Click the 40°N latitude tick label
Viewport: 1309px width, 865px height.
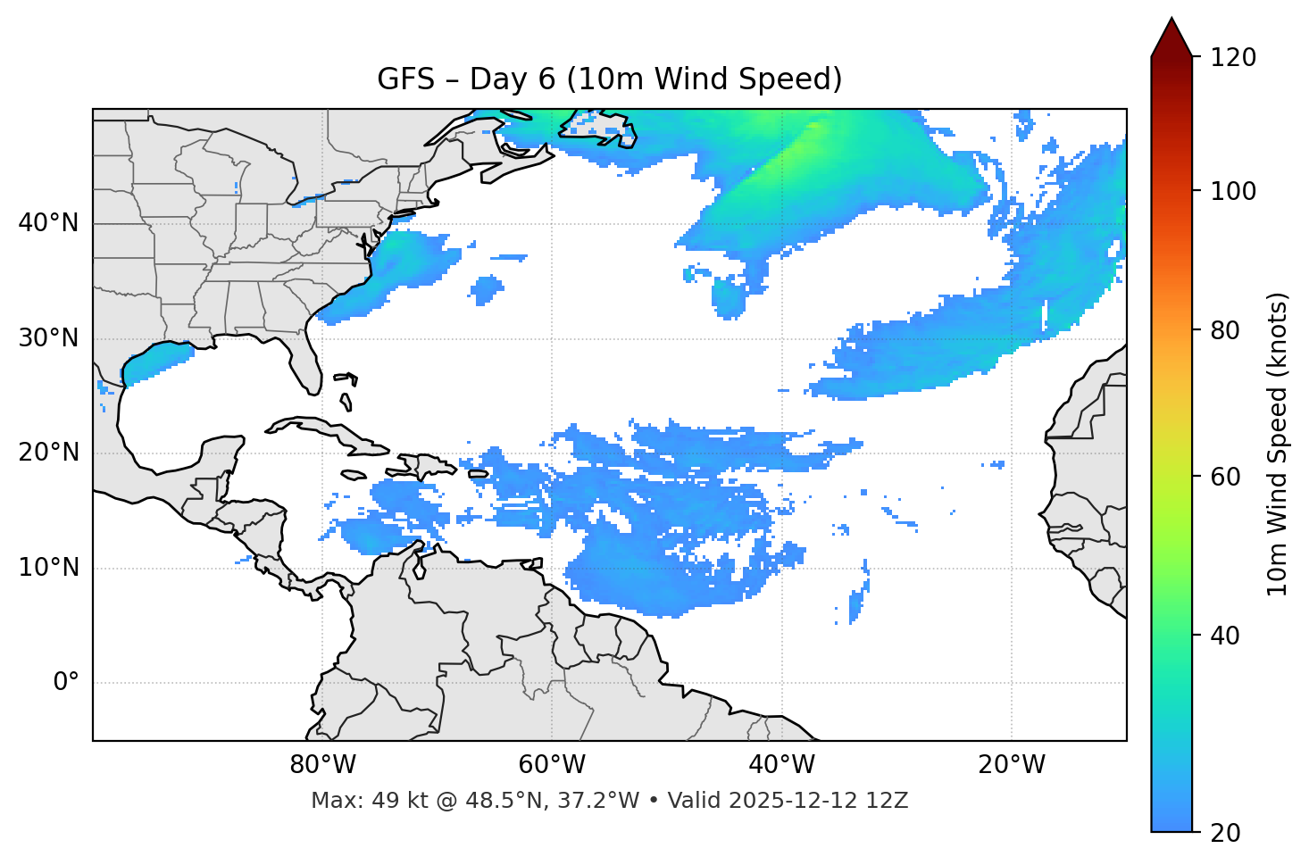point(48,223)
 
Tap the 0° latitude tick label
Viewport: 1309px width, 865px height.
point(65,683)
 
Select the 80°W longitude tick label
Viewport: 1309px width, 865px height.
point(322,765)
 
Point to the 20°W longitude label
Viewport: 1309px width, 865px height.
point(1012,765)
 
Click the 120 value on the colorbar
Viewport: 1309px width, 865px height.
point(1233,58)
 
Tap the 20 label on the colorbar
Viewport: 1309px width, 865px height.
point(1225,833)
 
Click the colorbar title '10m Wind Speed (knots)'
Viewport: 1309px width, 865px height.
point(1278,444)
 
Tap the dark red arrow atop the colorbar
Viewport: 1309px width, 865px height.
point(1171,38)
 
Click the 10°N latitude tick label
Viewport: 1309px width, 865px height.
point(48,568)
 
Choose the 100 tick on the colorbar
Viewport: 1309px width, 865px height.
point(1233,191)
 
